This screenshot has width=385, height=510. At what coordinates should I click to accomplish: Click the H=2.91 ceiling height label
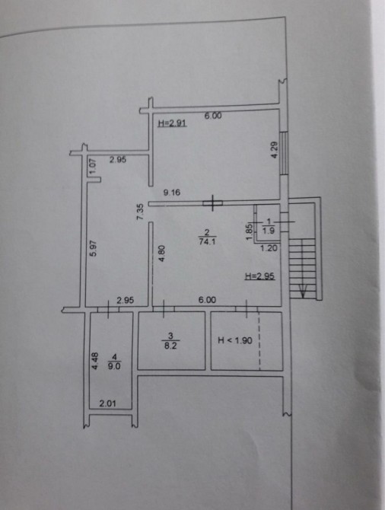[x=172, y=123]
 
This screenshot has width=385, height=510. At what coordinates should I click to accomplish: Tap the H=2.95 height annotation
[x=259, y=276]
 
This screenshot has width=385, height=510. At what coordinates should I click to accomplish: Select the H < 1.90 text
[x=235, y=340]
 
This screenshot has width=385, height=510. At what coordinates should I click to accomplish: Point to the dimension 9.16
[x=172, y=193]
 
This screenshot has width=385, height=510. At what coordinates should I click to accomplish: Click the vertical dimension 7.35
[x=140, y=212]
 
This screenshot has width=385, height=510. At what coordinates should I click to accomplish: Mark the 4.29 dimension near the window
[x=275, y=150]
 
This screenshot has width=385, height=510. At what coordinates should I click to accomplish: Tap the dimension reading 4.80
[x=161, y=253]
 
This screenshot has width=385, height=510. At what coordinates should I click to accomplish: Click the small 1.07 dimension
[x=94, y=165]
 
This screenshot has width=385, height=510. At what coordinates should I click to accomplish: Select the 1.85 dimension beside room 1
[x=250, y=232]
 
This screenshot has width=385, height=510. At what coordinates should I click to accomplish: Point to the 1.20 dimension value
[x=269, y=248]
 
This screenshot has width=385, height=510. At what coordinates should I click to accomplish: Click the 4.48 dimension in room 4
[x=94, y=361]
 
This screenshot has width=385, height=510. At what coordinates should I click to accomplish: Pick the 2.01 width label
[x=107, y=403]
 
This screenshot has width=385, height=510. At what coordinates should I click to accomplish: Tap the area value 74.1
[x=207, y=241]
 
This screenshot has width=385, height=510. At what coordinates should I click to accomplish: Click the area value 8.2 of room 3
[x=170, y=346]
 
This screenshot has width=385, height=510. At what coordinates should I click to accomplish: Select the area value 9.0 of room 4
[x=114, y=366]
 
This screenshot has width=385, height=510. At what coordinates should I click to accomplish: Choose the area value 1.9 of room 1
[x=269, y=231]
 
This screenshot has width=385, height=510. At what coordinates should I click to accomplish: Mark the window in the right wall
[x=285, y=153]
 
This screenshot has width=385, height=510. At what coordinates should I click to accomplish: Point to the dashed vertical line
[x=259, y=340]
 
